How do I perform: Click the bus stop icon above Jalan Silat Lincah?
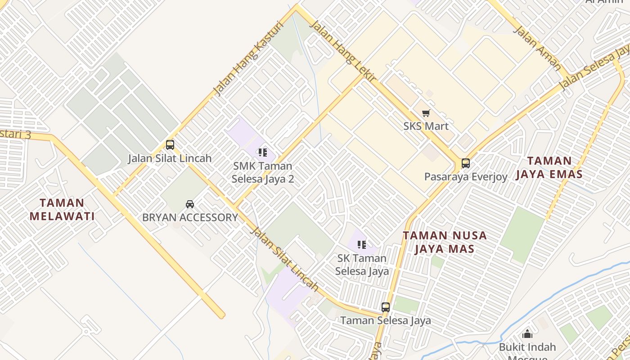coord(170,145)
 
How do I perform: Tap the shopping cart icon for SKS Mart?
coord(426,113)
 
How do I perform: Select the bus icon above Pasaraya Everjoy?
coord(466,163)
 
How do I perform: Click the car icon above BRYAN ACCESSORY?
coord(190,204)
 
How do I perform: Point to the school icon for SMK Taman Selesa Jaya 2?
coord(263,153)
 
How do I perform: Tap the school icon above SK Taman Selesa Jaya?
coord(361,245)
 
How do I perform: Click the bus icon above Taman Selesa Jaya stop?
coord(386,307)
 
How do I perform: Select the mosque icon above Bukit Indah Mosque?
coord(527,334)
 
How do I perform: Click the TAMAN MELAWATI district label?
coord(62,210)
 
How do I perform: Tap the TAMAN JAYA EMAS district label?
coord(549,167)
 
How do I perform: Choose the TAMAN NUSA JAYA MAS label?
coord(445,242)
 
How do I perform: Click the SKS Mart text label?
coord(426,126)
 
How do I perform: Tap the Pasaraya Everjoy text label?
coord(466,176)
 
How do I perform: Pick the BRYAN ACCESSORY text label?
coord(190,217)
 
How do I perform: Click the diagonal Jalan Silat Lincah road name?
coord(284,259)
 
